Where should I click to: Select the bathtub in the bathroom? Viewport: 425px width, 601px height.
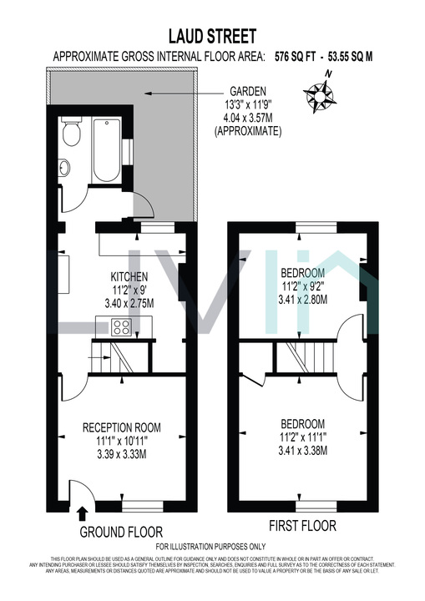coord(106,151)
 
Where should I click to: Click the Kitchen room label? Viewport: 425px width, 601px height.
coord(129,277)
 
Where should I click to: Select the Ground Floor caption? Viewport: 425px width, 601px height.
coord(121,532)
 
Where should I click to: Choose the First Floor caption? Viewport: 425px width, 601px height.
coord(302,526)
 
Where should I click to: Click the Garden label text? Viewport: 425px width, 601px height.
coord(248,94)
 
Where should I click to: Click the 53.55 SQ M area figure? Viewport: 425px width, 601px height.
coord(351,57)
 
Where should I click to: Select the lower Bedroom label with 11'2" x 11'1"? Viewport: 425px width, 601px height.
coord(301,424)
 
